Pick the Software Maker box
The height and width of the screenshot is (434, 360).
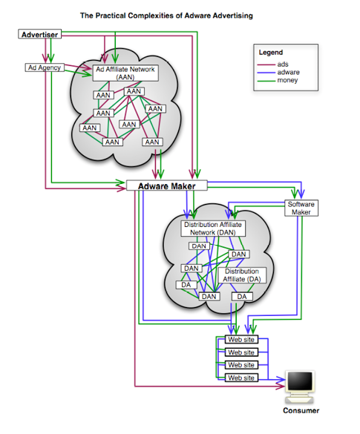pos(301,208)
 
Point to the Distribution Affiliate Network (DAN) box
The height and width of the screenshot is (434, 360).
pos(213,228)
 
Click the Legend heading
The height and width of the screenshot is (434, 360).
pos(271,53)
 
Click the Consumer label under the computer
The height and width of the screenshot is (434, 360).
pos(301,410)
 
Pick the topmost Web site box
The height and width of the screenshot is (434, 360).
pos(240,341)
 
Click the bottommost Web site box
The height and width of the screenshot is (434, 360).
pos(240,378)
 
